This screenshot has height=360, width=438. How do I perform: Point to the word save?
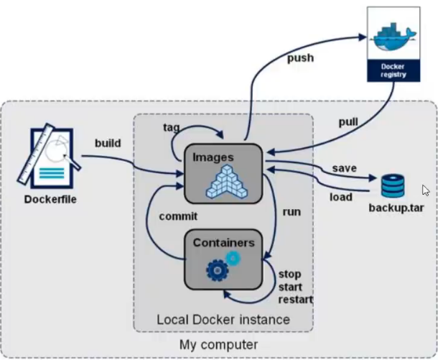[345, 167]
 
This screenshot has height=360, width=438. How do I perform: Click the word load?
[341, 196]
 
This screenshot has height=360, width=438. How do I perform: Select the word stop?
[290, 274]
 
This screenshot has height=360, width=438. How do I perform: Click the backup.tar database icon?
[393, 185]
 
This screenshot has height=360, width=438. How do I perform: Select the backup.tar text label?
[396, 208]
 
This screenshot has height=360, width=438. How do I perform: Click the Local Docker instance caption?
[223, 319]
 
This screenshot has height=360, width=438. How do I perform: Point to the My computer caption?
[218, 346]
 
